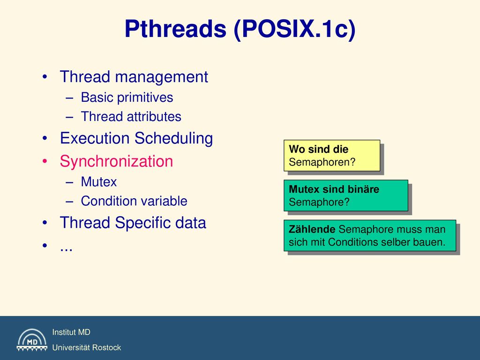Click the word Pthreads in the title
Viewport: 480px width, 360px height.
[x=175, y=29]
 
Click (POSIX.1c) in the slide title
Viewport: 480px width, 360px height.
[x=294, y=30]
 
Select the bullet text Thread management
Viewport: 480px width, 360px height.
[x=134, y=76]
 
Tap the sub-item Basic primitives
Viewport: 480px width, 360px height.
[x=127, y=97]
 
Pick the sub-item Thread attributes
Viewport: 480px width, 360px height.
[x=131, y=117]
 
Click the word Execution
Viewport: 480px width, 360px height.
[x=95, y=138]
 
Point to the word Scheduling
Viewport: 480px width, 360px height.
[x=174, y=138]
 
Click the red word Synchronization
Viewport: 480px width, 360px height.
[x=116, y=161]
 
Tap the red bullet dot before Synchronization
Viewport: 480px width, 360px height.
[x=45, y=161]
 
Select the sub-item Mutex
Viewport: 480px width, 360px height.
[x=98, y=182]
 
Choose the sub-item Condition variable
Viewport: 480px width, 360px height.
[x=134, y=201]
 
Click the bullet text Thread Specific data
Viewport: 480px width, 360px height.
[x=133, y=223]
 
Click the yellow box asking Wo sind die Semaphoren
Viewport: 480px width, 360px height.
[x=332, y=156]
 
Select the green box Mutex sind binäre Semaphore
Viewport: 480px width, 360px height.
[x=346, y=195]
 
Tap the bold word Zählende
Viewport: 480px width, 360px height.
[x=312, y=229]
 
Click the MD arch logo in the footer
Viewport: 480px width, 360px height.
[x=32, y=340]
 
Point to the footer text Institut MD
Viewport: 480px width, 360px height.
[x=71, y=332]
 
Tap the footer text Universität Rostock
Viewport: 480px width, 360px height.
[x=87, y=347]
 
